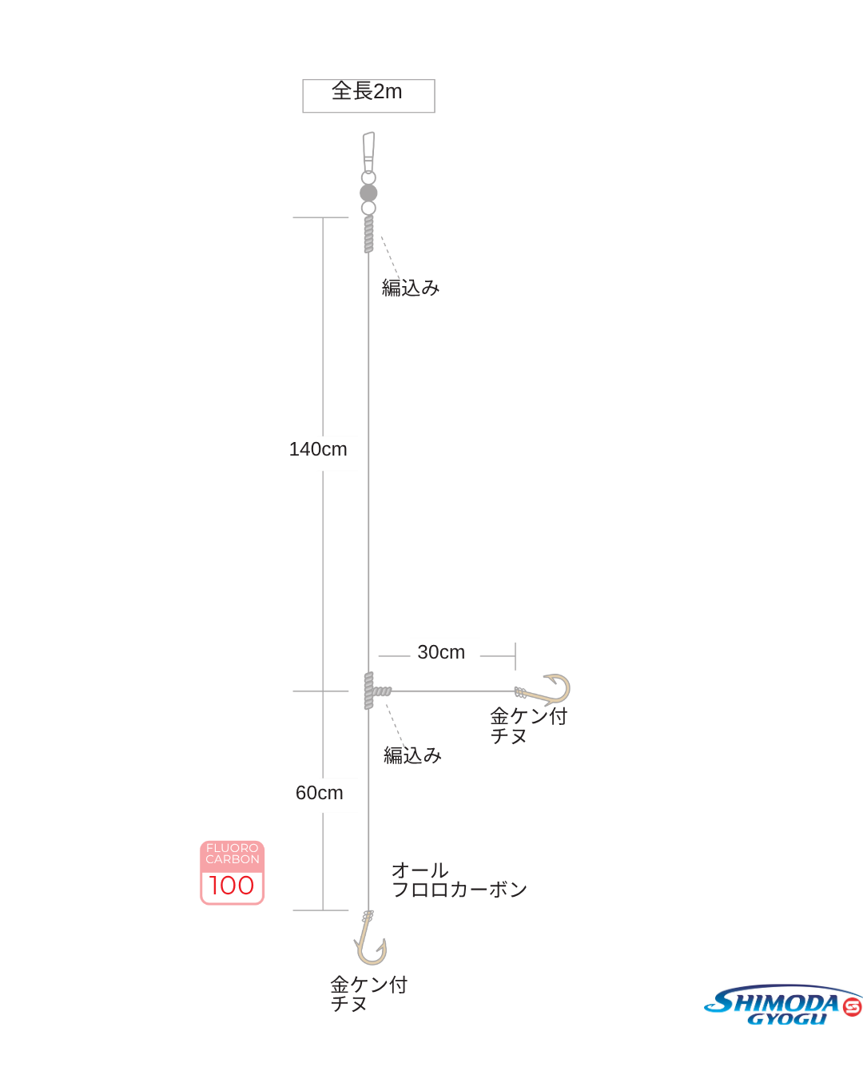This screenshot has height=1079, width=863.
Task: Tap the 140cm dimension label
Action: point(320,451)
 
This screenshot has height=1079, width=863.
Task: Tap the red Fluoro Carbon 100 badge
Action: point(232,872)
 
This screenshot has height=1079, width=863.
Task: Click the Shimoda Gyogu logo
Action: point(782,1005)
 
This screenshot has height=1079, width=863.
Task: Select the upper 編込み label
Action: point(411,288)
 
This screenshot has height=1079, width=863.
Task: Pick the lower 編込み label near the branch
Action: point(412,755)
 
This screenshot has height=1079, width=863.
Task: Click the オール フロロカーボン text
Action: point(458,880)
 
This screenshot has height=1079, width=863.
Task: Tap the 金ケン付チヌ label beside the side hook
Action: point(527,726)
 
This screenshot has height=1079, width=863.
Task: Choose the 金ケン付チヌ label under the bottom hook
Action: point(368,994)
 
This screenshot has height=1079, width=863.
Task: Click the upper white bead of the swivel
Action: point(368,177)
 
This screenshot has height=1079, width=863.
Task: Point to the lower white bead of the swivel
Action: point(368,208)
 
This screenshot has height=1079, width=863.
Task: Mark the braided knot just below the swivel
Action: point(368,234)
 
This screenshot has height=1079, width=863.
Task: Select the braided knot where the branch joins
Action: point(369,691)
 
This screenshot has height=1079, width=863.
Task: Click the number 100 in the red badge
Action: point(232,886)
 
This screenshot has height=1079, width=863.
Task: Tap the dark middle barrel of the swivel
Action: point(368,193)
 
